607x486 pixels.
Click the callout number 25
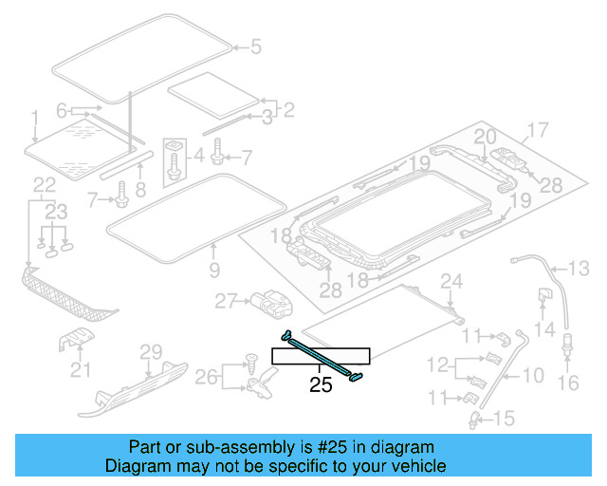click(x=322, y=385)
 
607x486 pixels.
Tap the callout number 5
click(x=255, y=46)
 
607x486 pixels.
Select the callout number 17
click(x=538, y=130)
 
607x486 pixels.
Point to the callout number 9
click(x=213, y=271)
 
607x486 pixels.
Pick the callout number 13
click(x=579, y=267)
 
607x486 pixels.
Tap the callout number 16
click(x=568, y=383)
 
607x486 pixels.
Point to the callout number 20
click(x=485, y=137)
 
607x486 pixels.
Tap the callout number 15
click(x=504, y=417)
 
